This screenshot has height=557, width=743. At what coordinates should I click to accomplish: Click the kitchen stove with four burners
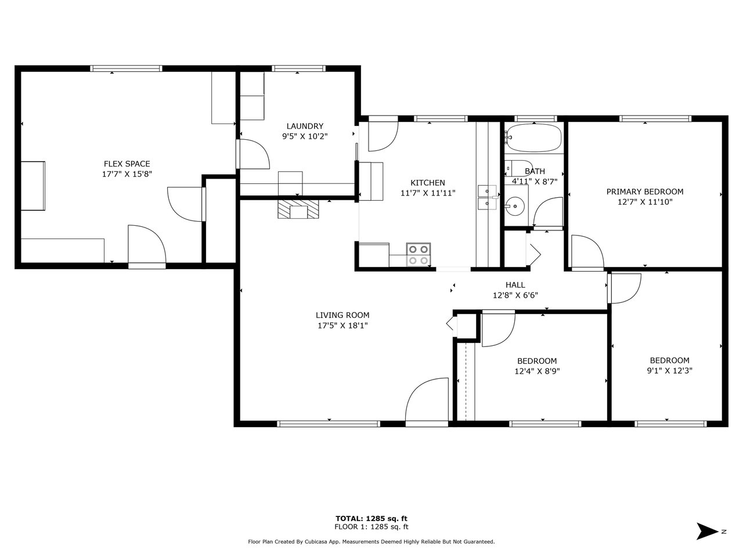coord(419,254)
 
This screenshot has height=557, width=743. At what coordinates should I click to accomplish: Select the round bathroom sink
coord(515,205)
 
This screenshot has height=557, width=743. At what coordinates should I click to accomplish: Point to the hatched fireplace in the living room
coord(298,209)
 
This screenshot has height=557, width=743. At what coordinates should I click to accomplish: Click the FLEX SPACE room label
coord(127,164)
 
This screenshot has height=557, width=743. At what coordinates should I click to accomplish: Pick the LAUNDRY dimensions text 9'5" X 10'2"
coord(305,136)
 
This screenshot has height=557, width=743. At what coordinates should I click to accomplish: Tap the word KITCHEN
coord(428,183)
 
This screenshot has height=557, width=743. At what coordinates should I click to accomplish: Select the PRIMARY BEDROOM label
coord(645,191)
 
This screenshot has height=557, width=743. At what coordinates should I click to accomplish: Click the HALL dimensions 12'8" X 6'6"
coord(515,295)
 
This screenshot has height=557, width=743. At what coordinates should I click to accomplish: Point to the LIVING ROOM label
coord(342,315)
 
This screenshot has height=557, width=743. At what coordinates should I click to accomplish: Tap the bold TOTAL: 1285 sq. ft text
coord(371,519)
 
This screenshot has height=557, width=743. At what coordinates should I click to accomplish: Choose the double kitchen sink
coord(487,197)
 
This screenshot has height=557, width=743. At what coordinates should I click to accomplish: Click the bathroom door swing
coord(548,212)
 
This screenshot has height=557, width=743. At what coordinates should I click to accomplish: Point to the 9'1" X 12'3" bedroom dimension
coord(669,371)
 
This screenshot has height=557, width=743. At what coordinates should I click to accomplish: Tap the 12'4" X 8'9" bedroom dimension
coord(537,371)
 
